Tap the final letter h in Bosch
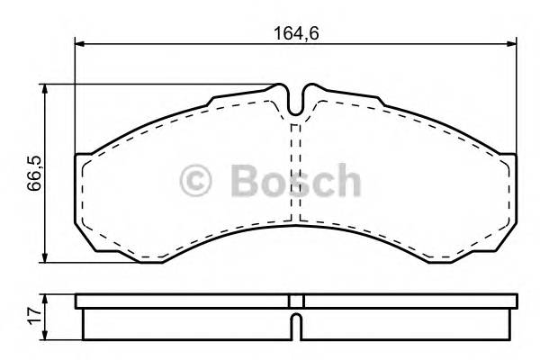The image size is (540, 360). pos(347,181)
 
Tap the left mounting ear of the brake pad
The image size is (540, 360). pos(82,189)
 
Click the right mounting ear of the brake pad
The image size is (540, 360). pos(509,189)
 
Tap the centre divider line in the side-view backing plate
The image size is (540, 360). pos(303,301)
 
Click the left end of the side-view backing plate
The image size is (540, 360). pos(78,301)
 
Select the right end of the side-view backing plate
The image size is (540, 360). pos(514,301)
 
